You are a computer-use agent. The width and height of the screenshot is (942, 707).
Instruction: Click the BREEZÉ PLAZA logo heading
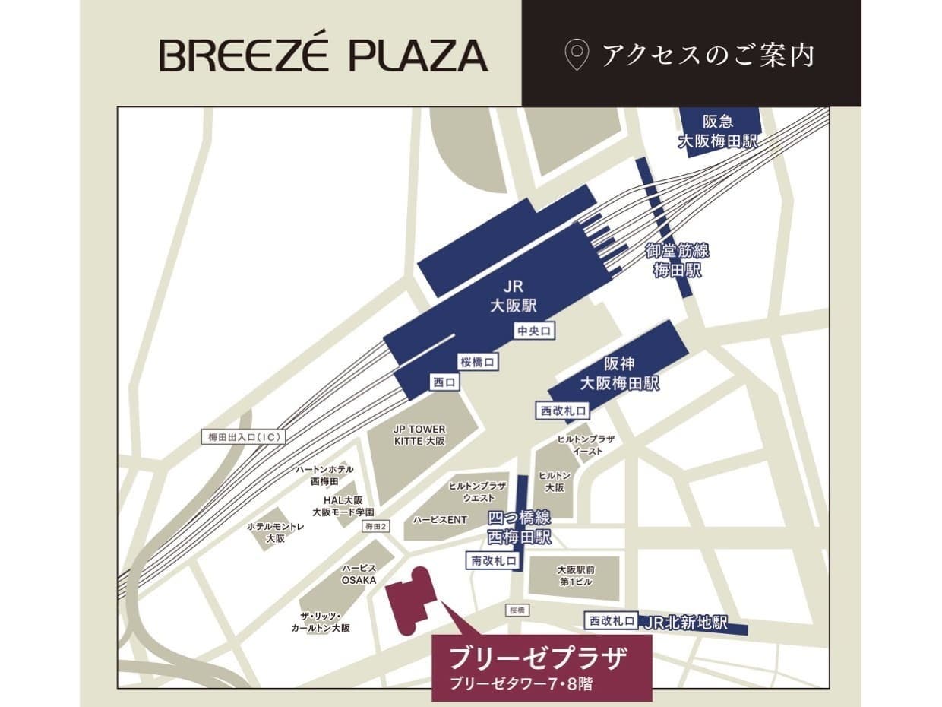(324, 55)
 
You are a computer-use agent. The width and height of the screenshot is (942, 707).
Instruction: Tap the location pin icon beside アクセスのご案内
(577, 55)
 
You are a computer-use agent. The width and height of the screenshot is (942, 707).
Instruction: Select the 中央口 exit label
(533, 331)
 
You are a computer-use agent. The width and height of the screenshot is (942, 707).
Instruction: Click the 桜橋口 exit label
(478, 363)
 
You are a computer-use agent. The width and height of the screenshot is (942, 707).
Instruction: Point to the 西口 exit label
(444, 383)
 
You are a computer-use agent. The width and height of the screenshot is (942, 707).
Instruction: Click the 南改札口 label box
(493, 561)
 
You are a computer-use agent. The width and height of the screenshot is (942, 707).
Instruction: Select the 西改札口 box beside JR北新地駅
(612, 621)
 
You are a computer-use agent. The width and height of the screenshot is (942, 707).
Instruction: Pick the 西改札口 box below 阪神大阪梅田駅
(563, 411)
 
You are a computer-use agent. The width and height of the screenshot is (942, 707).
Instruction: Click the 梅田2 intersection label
(376, 526)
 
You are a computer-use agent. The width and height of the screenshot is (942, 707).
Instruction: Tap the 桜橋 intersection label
(517, 610)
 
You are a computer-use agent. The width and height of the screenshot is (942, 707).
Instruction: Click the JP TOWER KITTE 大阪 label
(419, 435)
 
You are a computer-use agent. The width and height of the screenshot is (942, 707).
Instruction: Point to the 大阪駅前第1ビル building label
(574, 575)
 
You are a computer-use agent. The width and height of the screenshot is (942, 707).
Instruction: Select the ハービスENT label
(440, 520)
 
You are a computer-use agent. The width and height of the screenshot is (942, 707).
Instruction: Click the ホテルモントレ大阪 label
(275, 532)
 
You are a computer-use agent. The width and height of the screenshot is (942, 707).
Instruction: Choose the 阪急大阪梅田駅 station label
(718, 132)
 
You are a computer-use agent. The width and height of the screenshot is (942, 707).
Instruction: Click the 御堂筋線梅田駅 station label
(678, 260)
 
